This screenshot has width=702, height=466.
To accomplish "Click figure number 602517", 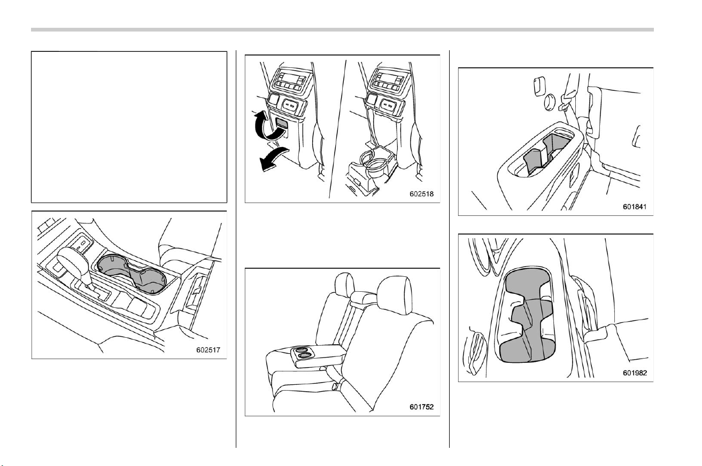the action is pyautogui.click(x=208, y=350).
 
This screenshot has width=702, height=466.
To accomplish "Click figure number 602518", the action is pyautogui.click(x=421, y=194).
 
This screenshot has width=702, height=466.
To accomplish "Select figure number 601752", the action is pyautogui.click(x=421, y=407).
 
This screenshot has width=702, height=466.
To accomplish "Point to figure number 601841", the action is pyautogui.click(x=635, y=207).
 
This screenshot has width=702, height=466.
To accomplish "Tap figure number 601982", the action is pyautogui.click(x=635, y=372).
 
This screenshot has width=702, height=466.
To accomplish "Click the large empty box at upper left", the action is pyautogui.click(x=129, y=127).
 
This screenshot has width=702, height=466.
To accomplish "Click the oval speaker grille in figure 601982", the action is pyautogui.click(x=476, y=353).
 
